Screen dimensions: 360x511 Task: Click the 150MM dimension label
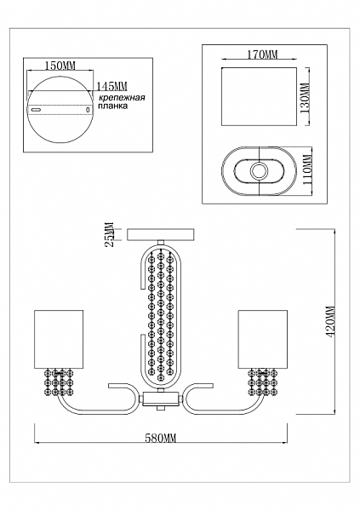60,66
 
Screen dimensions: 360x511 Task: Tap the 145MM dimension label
111,86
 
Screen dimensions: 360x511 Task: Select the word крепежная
122,98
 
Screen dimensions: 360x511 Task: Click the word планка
113,106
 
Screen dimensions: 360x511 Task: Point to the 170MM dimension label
262,55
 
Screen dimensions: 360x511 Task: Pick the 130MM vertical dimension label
306,98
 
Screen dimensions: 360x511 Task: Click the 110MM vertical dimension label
307,170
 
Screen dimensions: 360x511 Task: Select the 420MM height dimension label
331,322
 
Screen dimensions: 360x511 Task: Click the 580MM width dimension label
160,439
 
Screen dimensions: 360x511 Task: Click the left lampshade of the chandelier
59,339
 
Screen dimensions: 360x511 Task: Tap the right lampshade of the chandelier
263,339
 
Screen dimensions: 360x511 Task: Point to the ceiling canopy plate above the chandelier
161,235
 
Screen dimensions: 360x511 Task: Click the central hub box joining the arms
161,399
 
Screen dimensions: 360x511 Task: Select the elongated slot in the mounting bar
36,110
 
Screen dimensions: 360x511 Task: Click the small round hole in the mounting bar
88,110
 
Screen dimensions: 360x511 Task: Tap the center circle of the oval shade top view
259,170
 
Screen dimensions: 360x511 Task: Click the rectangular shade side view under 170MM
259,96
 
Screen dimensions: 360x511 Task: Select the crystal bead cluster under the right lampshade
263,382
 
